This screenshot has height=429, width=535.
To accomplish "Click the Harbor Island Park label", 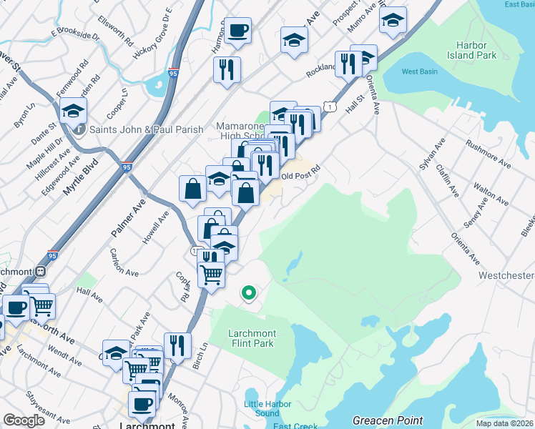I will click(476, 50).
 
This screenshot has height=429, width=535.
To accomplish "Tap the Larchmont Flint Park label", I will click(251, 338).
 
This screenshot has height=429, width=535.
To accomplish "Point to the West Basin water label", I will click(419, 71).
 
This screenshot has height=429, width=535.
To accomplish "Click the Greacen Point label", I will click(388, 420).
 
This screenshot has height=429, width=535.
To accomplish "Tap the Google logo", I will click(24, 420).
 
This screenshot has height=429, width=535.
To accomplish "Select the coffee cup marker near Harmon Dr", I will click(237, 31).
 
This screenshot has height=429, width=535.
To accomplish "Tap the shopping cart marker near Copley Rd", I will click(211, 274).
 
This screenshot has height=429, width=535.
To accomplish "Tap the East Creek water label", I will click(295, 426).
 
